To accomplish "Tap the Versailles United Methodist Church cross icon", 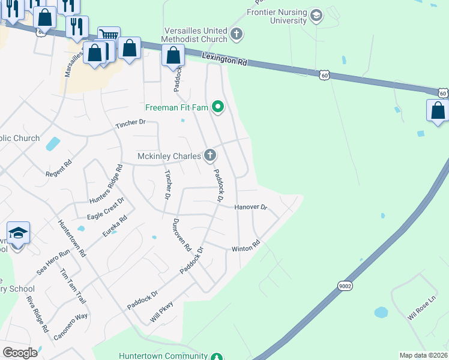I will pyautogui.click(x=237, y=34).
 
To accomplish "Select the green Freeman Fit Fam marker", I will pyautogui.click(x=218, y=108).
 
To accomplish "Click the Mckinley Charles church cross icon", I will pyautogui.click(x=209, y=156).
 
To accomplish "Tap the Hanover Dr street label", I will pyautogui.click(x=250, y=206).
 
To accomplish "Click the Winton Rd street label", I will pyautogui.click(x=246, y=247).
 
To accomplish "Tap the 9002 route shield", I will pyautogui.click(x=344, y=286).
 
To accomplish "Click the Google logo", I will pyautogui.click(x=20, y=353).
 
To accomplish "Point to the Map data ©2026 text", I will pyautogui.click(x=423, y=355).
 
